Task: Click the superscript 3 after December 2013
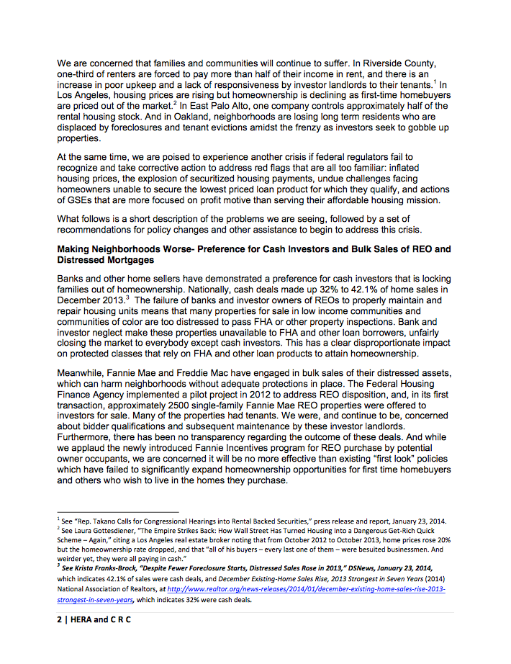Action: pos(127,297)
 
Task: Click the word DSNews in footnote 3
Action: pos(338,567)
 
